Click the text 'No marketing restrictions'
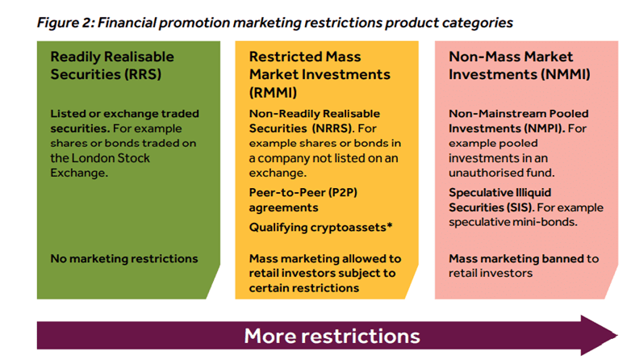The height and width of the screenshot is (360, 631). (x=123, y=259)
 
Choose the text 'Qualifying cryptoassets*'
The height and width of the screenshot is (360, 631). (x=320, y=227)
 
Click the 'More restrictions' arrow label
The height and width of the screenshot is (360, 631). (x=332, y=336)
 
